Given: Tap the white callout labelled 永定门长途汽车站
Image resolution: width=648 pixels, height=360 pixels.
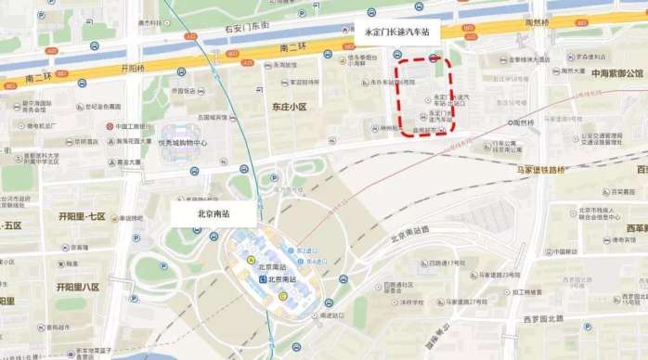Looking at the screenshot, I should (x=397, y=32).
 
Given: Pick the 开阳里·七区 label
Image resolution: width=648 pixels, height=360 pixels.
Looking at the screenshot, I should (x=82, y=215).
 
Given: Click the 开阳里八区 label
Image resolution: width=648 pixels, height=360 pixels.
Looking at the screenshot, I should (x=78, y=287).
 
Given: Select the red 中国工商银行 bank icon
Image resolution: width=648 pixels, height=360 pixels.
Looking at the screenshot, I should (x=110, y=125).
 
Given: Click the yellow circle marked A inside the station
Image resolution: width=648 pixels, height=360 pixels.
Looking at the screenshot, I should (x=252, y=260).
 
